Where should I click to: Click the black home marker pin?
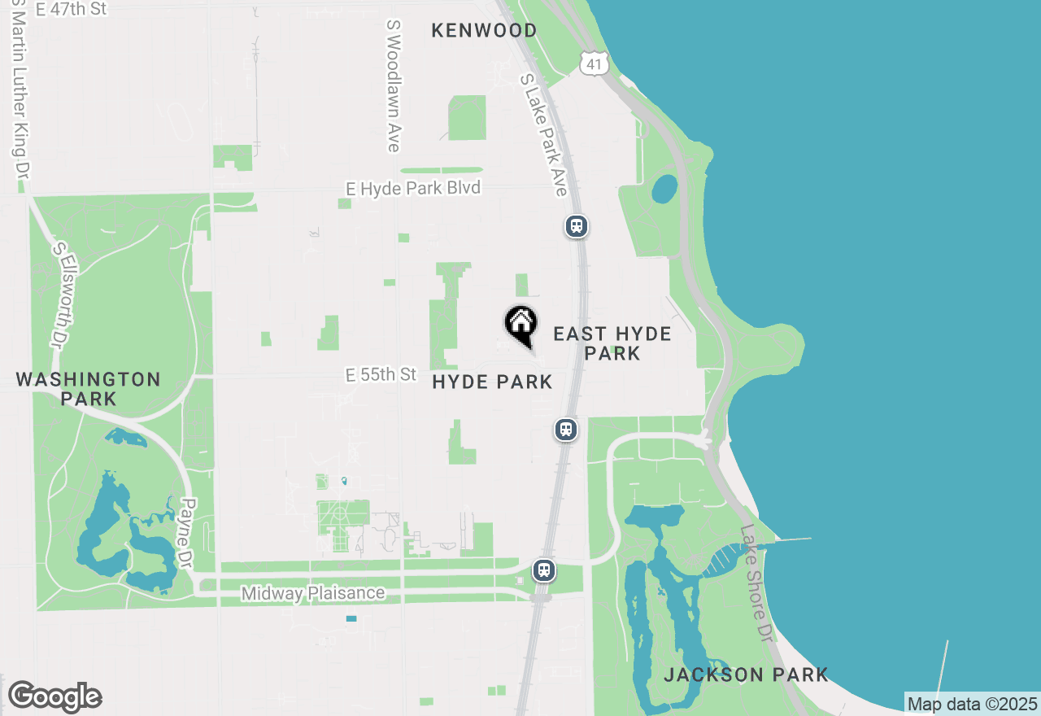[520, 325]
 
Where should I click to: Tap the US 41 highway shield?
[595, 63]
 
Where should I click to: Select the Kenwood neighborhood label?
[484, 31]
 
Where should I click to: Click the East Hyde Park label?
[612, 343]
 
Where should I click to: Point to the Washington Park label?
[88, 389]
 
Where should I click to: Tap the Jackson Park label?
[746, 675]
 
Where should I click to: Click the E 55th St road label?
[381, 375]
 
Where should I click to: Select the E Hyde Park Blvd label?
[413, 189]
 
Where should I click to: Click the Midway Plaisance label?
[313, 594]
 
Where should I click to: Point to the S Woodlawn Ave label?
[394, 85]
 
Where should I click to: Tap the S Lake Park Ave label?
[543, 135]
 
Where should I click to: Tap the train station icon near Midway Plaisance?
[544, 570]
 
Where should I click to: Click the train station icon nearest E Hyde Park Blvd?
[577, 226]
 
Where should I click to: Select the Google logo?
[54, 696]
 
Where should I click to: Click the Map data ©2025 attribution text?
[972, 704]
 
